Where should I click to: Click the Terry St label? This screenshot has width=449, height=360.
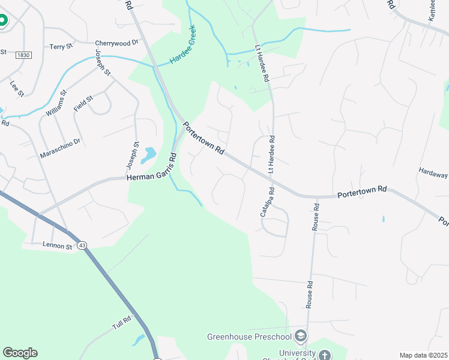tap(61, 46)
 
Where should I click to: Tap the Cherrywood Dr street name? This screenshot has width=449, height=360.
tap(116, 43)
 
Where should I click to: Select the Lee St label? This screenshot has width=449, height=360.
tap(17, 89)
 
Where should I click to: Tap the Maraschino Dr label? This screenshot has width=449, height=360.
tap(60, 148)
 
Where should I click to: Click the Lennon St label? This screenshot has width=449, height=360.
tap(57, 245)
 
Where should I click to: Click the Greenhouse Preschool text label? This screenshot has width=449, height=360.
tap(250, 336)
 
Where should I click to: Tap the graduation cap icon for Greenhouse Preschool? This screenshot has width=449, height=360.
tap(301, 335)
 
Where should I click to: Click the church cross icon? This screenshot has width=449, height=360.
tap(325, 356)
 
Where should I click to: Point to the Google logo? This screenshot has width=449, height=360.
tap(20, 353)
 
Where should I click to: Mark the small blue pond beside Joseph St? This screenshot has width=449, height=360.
tap(148, 156)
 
